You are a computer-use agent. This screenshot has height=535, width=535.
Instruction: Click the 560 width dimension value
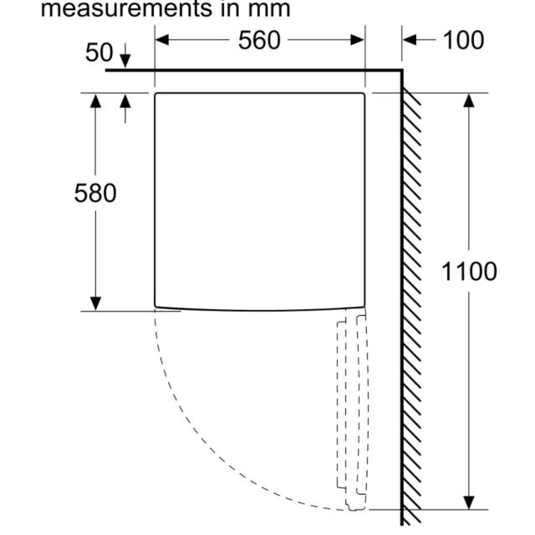(259, 41)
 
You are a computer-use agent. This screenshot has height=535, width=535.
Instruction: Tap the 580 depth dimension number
(95, 193)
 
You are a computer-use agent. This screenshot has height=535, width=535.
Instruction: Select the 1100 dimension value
(469, 272)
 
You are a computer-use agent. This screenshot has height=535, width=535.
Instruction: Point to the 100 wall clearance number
(463, 41)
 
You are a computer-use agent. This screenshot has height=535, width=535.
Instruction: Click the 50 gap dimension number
(99, 53)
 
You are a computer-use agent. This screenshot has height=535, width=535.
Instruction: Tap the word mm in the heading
(269, 9)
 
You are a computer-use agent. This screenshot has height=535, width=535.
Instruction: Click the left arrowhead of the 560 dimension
(162, 40)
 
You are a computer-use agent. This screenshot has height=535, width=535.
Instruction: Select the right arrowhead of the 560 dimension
(357, 40)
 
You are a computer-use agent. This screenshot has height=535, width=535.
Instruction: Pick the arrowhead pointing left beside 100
(410, 40)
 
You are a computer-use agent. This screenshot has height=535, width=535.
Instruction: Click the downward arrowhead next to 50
(125, 61)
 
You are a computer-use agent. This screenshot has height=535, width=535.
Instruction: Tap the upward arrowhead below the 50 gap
(125, 101)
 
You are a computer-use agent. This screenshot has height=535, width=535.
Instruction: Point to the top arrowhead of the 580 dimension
(95, 101)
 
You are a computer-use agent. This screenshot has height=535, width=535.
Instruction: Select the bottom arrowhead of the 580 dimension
(95, 303)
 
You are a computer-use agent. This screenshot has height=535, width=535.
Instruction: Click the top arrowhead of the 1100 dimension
(469, 100)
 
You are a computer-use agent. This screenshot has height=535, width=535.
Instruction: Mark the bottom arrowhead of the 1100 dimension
(469, 502)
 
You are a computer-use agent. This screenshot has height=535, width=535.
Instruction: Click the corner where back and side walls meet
(402, 70)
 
